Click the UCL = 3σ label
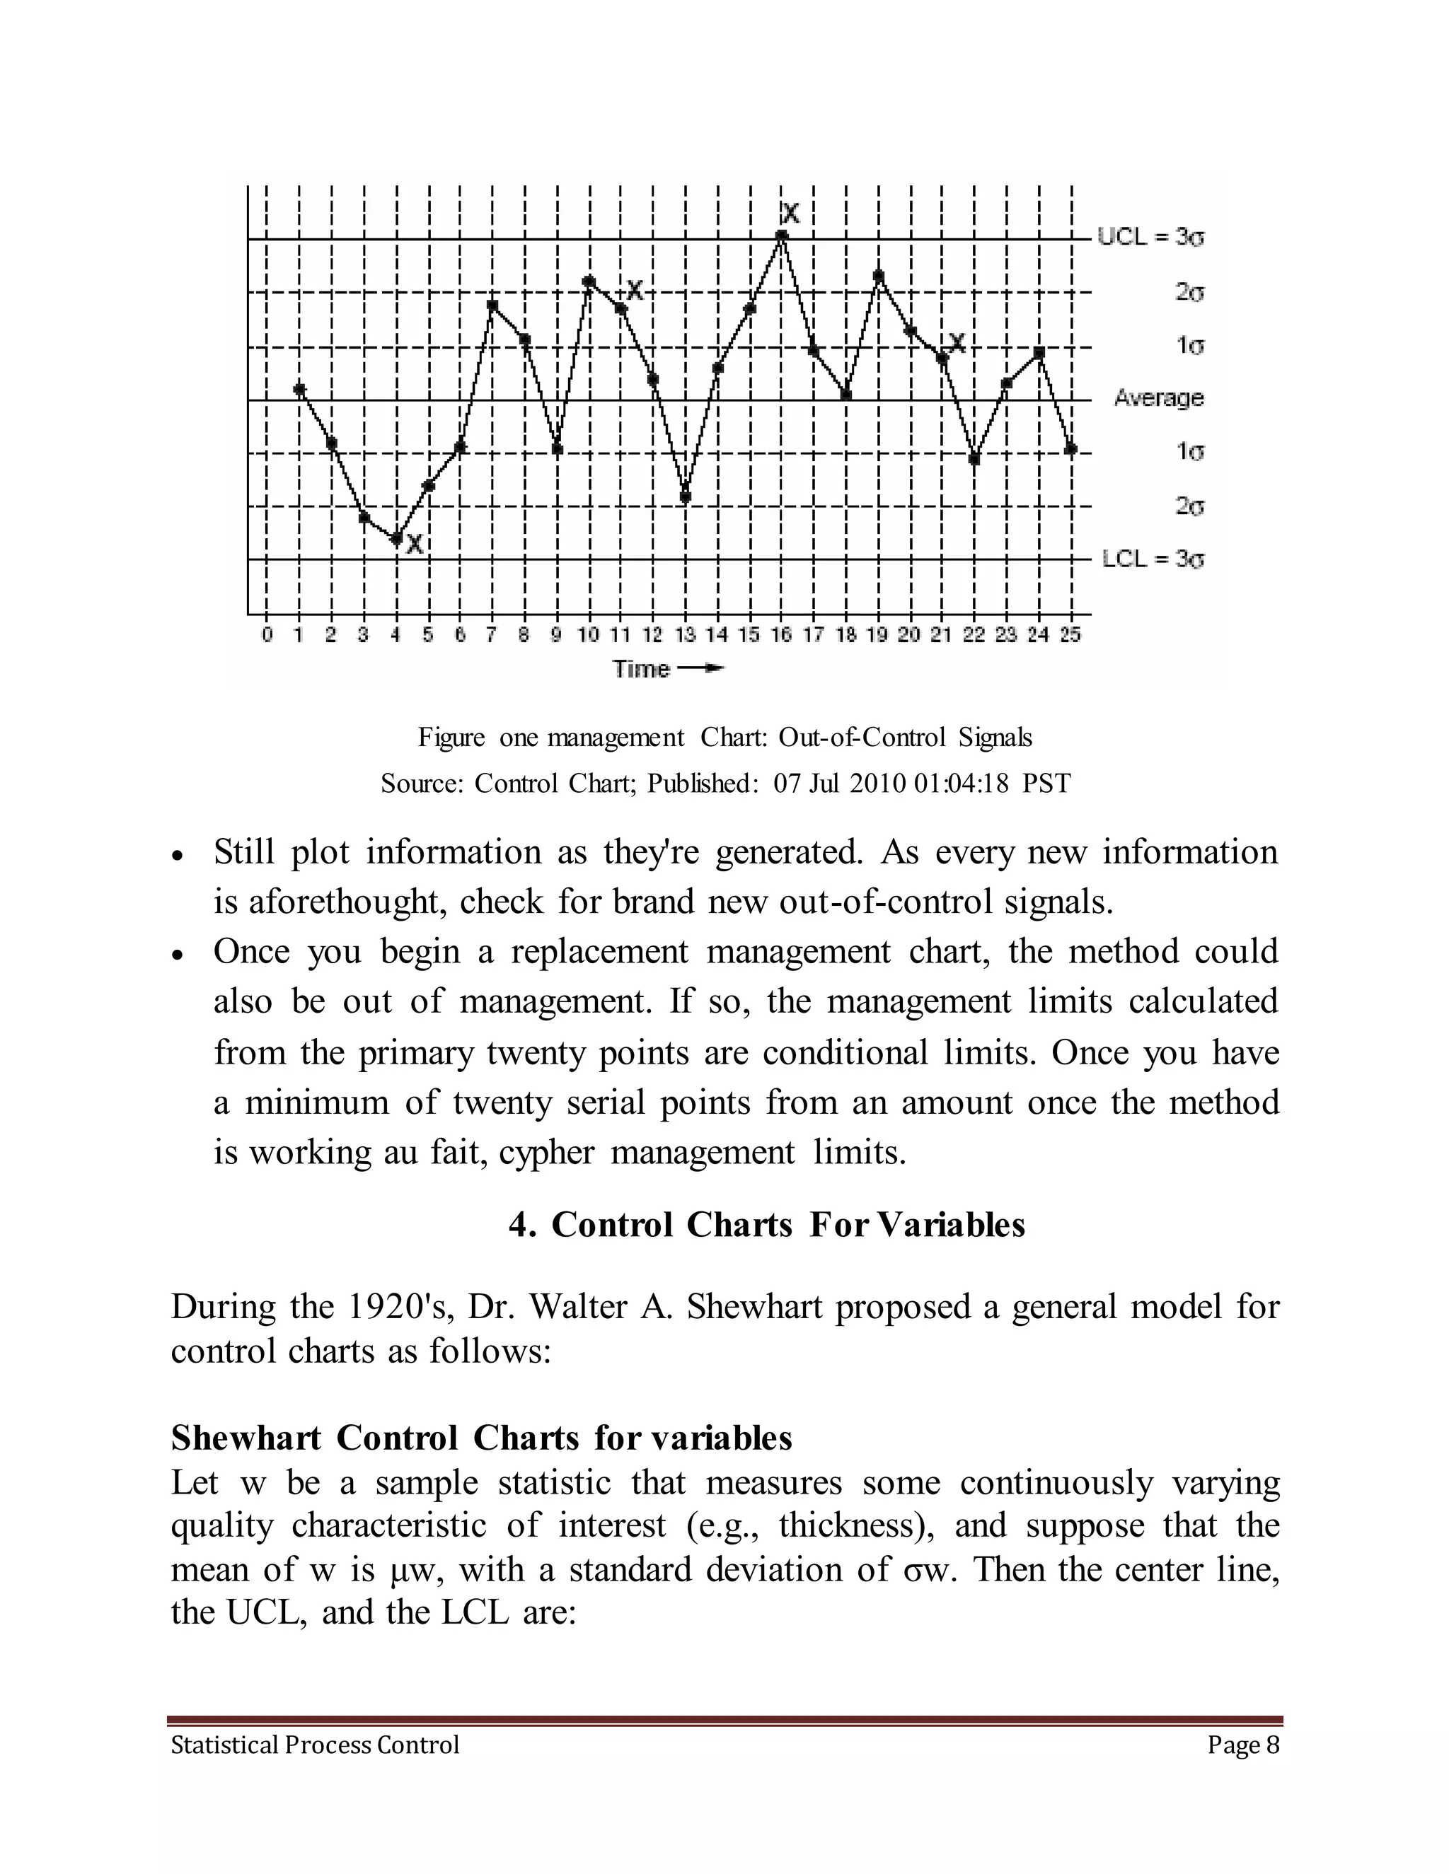point(1150,237)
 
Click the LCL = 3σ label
point(1152,559)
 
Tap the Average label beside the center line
point(1158,398)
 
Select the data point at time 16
point(781,235)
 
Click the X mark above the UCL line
point(790,213)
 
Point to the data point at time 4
point(396,540)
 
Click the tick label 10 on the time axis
point(588,635)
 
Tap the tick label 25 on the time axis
point(1070,635)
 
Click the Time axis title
point(641,668)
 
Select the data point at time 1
point(299,390)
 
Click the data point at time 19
point(878,275)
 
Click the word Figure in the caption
point(451,737)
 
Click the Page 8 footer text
point(1242,1745)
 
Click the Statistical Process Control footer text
point(315,1745)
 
